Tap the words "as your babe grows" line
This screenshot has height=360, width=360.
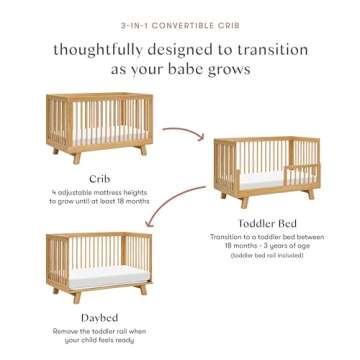(180, 70)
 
